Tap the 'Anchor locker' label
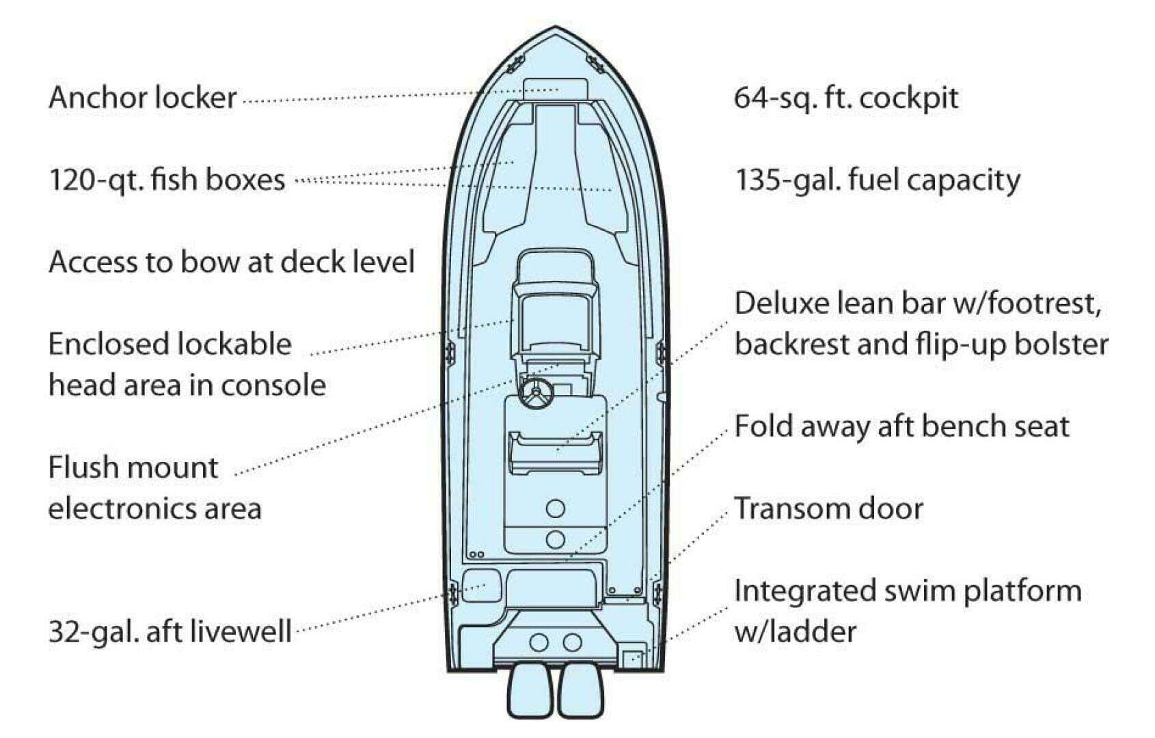(x=143, y=98)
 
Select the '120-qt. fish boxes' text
(x=167, y=180)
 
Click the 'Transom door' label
(x=828, y=508)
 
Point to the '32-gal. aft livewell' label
(x=170, y=632)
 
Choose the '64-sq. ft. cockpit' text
(x=846, y=98)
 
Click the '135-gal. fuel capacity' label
(x=877, y=180)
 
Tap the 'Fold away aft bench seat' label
(x=902, y=426)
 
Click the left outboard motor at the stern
(x=531, y=691)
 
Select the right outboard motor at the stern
(x=581, y=691)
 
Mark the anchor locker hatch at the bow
(x=556, y=90)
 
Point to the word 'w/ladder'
(x=795, y=632)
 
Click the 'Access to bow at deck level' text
(x=232, y=262)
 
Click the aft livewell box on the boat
(x=482, y=586)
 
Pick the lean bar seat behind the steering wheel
(x=556, y=454)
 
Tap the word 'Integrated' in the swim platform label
(x=805, y=591)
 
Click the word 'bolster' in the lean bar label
(x=1063, y=344)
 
